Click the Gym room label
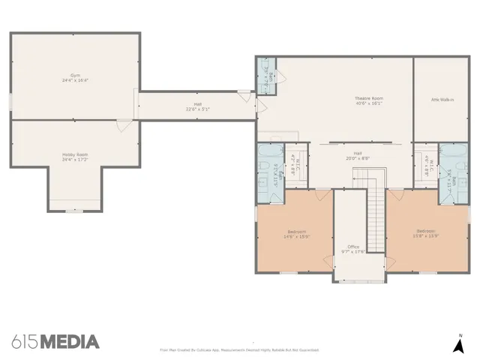75,76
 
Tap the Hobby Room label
75,154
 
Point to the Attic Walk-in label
440,99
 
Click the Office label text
352,247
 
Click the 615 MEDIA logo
55,342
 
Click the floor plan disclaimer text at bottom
239,349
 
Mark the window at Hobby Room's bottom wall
73,211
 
